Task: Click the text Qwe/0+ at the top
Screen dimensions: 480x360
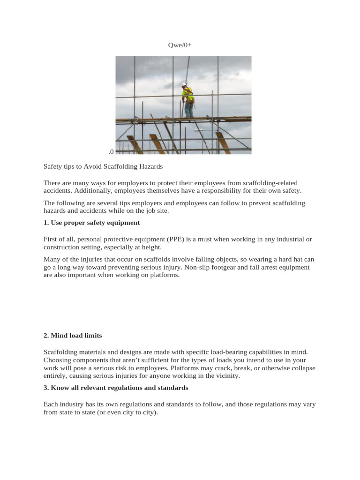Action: coord(180,45)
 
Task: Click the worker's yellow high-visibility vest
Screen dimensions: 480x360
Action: coord(188,96)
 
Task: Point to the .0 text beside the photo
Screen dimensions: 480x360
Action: coord(111,151)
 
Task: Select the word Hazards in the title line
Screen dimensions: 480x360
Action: coord(150,166)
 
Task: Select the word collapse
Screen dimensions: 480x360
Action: coord(302,368)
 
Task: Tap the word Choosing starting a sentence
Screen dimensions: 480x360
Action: coord(58,360)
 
